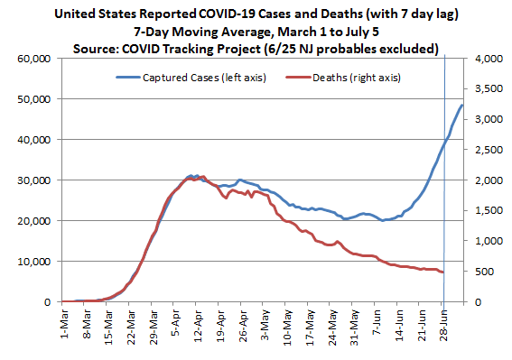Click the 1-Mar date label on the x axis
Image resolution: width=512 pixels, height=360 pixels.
tap(64, 322)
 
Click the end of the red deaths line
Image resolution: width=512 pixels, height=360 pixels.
tap(442, 272)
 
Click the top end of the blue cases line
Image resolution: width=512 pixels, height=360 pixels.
tap(463, 106)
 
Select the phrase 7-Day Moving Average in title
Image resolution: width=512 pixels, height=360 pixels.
tap(200, 32)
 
